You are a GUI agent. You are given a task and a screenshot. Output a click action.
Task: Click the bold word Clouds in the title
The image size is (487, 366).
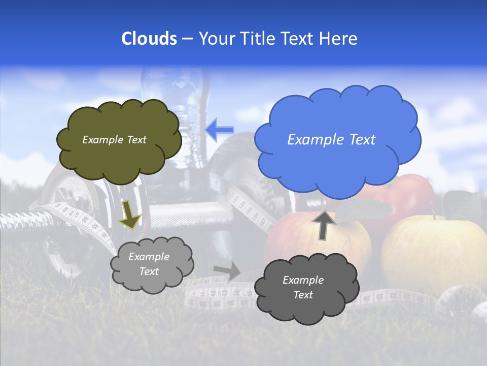pyautogui.click(x=149, y=39)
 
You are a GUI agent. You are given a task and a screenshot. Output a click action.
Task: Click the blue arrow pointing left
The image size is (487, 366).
pyautogui.click(x=219, y=129)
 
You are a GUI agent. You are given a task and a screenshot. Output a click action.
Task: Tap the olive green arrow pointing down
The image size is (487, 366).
pyautogui.click(x=130, y=216)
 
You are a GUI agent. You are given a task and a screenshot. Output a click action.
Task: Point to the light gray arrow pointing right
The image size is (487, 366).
pyautogui.click(x=228, y=270)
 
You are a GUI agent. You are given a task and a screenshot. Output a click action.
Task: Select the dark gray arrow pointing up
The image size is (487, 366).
pyautogui.click(x=323, y=225)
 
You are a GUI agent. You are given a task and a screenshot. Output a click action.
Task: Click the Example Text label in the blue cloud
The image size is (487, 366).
pyautogui.click(x=331, y=139)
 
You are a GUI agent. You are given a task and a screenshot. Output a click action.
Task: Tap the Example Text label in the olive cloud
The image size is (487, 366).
pyautogui.click(x=114, y=140)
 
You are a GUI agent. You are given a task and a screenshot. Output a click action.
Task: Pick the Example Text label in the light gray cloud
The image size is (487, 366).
pyautogui.click(x=149, y=264)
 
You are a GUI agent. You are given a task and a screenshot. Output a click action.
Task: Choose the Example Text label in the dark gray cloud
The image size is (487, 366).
pyautogui.click(x=303, y=287)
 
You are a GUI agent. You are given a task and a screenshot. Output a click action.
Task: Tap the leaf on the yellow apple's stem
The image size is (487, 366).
pyautogui.click(x=462, y=203)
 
